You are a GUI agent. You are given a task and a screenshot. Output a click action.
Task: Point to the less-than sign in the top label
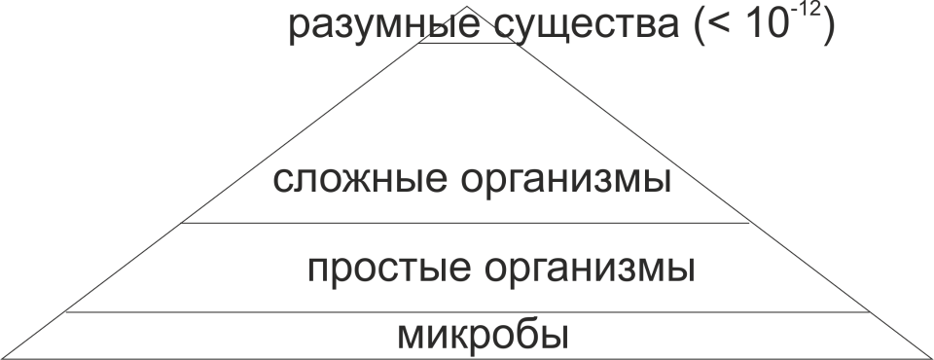pyautogui.click(x=718, y=29)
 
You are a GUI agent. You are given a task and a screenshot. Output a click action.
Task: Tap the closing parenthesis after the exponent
pyautogui.click(x=830, y=27)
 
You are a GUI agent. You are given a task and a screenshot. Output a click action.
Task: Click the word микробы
pyautogui.click(x=482, y=335)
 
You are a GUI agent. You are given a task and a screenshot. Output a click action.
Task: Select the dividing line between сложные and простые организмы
pyautogui.click(x=467, y=223)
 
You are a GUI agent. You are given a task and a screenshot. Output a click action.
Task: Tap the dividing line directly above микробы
pyautogui.click(x=467, y=312)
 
